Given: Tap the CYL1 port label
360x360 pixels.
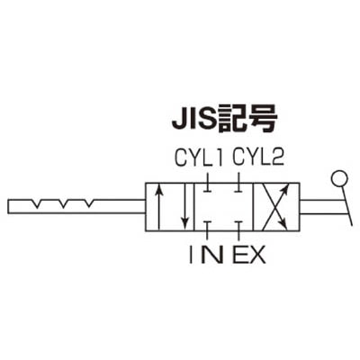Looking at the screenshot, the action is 199,158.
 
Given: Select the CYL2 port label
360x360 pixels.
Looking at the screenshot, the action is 258,157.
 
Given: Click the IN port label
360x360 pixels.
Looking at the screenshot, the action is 206,254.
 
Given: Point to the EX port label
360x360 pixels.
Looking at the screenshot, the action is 249,254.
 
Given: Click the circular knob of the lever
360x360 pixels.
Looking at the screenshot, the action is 339,179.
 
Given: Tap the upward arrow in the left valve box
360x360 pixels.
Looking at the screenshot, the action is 159,206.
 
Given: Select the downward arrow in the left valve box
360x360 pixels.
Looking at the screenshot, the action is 186,206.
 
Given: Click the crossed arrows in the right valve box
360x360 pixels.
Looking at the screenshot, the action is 275,207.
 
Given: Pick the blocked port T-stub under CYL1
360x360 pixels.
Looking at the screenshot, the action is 207,184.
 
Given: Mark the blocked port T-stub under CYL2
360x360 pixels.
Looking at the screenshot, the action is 238,184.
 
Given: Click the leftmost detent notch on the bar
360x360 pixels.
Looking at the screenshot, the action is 37,203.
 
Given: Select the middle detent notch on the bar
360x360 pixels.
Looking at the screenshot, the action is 63,203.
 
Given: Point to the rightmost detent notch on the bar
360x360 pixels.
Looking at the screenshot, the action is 89,203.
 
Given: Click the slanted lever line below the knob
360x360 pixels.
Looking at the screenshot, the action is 346,206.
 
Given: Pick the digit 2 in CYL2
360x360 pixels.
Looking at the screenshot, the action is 278,157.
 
